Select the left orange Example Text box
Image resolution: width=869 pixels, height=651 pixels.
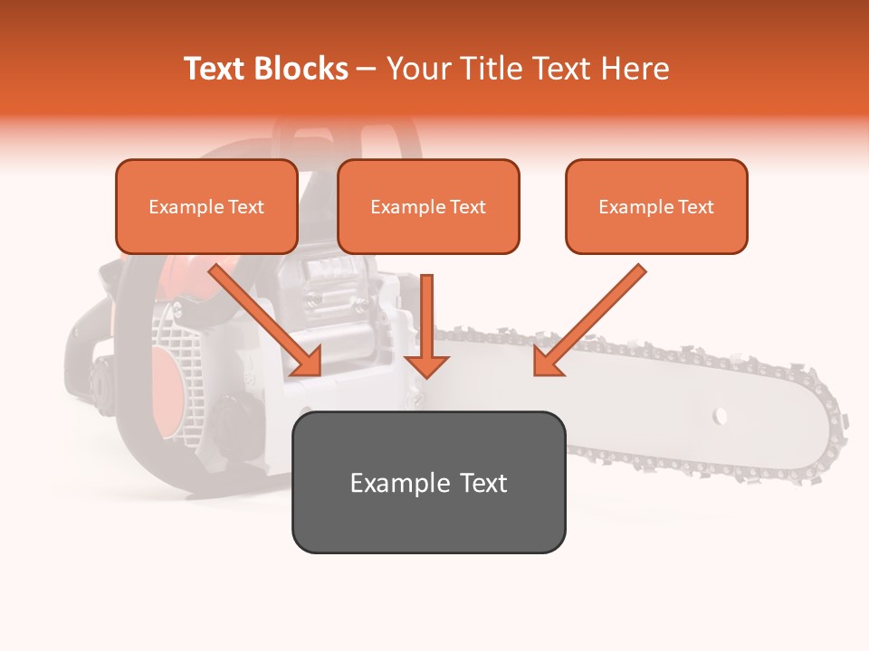point(206,206)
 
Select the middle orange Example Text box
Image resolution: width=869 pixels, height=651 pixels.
point(428,206)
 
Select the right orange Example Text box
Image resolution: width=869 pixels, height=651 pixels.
point(656,206)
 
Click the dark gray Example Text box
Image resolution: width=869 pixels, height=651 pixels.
point(428,482)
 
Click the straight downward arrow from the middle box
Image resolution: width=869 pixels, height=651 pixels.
point(426,325)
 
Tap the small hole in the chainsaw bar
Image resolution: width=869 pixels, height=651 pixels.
point(721,416)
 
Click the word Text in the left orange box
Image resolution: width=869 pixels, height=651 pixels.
point(245,207)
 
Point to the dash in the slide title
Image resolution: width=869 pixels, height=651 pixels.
point(367,69)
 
